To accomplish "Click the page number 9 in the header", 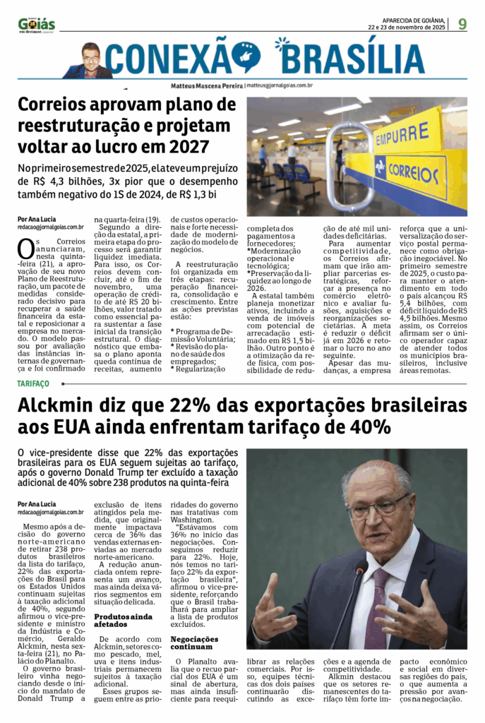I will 462,23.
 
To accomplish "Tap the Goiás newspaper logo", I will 37,25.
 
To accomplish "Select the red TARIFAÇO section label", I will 34,383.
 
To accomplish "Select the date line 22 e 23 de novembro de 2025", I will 406,28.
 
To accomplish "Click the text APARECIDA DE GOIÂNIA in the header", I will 412,20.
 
